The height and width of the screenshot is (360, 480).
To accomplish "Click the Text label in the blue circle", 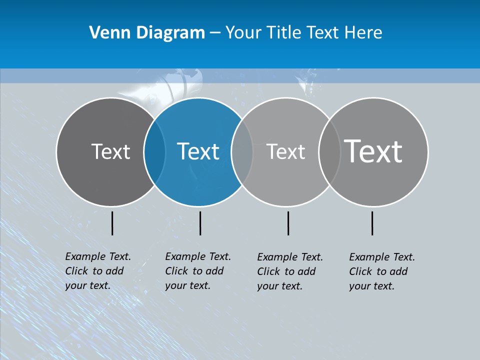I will (198, 151).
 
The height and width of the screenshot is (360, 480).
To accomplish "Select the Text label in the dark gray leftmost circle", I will (110, 151).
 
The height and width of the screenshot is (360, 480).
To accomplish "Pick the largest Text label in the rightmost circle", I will (373, 151).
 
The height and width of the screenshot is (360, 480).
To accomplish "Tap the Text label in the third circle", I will (285, 151).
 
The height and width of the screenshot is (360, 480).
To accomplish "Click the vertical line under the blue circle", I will (200, 223).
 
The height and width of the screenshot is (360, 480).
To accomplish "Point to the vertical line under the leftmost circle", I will (112, 223).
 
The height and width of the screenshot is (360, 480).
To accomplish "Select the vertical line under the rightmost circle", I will (372, 223).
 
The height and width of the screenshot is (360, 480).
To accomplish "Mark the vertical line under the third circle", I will (288, 223).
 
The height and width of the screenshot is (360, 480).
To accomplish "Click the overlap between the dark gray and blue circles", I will (154, 151).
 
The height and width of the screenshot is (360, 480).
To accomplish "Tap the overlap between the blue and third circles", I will (242, 151).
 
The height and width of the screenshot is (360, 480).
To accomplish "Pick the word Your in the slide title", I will (243, 33).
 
